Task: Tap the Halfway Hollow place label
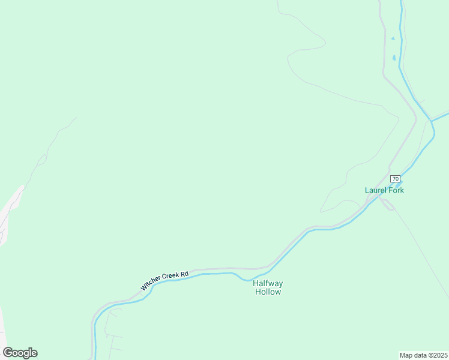[268, 287]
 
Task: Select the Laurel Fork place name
[384, 190]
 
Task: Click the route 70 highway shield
[395, 179]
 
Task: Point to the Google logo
[20, 353]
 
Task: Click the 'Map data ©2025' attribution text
[424, 355]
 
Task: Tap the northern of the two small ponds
[393, 39]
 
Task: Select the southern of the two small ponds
[394, 58]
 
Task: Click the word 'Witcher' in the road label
[151, 285]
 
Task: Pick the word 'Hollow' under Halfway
[268, 292]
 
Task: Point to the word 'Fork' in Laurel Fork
[396, 190]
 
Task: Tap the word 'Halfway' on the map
[268, 283]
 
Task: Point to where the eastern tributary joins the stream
[432, 120]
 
